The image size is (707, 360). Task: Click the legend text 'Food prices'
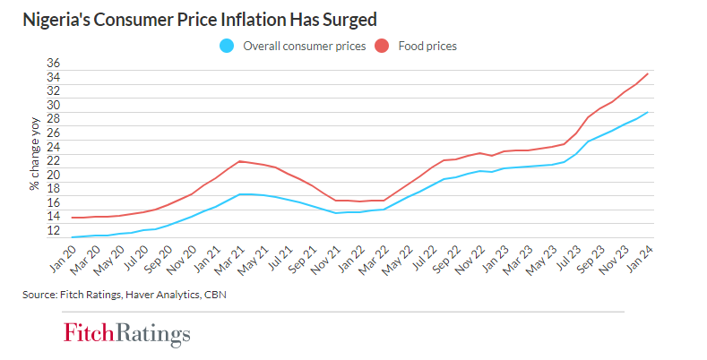[428, 46]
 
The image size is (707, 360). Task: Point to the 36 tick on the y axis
[53, 64]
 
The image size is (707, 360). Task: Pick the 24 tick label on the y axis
[53, 146]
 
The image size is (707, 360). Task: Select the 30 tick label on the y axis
[53, 105]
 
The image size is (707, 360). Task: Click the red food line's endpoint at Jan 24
[648, 73]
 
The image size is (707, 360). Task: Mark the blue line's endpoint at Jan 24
[648, 112]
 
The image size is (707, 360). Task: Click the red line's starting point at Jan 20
[72, 218]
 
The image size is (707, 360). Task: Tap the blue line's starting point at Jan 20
[72, 237]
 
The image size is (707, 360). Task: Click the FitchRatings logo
[126, 334]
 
